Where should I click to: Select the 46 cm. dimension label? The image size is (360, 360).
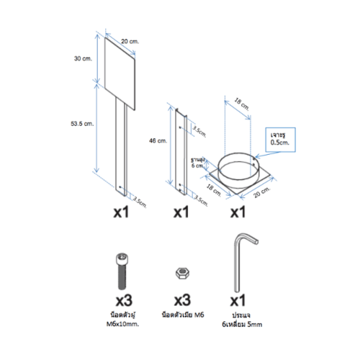click(x=163, y=141)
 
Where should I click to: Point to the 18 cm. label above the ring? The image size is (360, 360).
click(x=240, y=108)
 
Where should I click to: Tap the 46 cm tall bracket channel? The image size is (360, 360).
click(x=179, y=150)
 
